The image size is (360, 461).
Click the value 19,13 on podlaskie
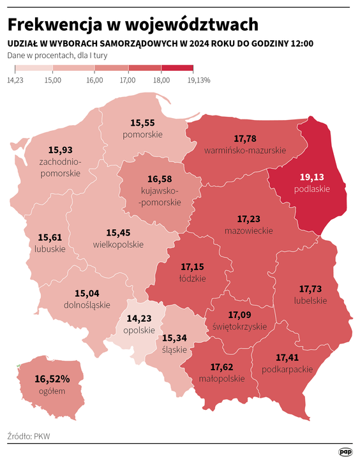pos(312,178)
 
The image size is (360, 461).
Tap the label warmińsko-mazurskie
pos(245,150)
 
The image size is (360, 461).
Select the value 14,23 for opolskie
pos(139,318)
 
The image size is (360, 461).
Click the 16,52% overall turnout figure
pos(52,379)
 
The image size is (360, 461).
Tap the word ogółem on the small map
pos(52,391)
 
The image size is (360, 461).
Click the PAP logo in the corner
pos(345,452)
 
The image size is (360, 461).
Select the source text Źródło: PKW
pos(29,437)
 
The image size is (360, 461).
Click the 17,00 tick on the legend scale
pos(128,80)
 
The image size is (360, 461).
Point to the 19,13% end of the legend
pos(199,80)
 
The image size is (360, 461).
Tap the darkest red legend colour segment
pos(177,68)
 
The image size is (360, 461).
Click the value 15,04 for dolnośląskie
pos(87,293)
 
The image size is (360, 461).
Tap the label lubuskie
pos(51,249)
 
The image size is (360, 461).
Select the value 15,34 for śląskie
pos(174,338)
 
